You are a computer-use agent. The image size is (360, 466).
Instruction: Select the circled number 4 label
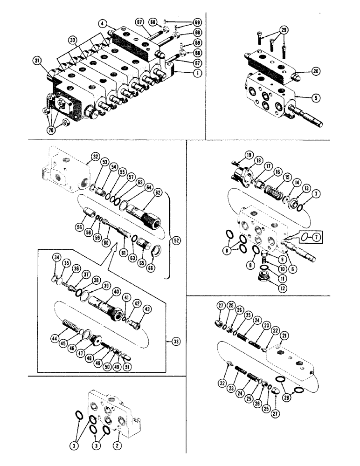pos(102,22)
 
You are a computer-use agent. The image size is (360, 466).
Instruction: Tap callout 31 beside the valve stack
pos(36,60)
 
